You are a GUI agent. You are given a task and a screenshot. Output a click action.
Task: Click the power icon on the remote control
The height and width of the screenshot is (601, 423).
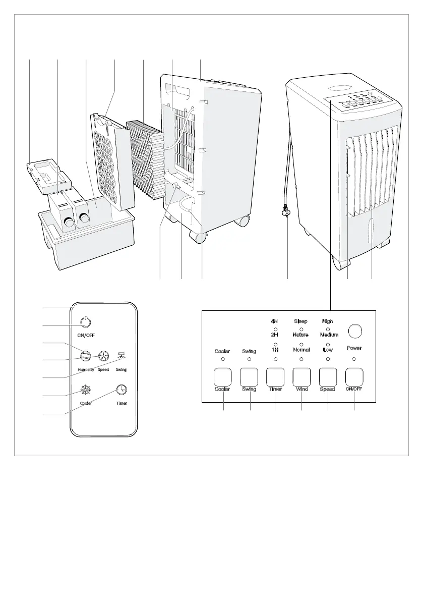86,321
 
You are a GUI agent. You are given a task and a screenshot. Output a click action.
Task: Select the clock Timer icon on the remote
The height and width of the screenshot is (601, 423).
122,390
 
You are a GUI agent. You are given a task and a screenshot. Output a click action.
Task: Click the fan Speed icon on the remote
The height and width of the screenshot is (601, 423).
103,356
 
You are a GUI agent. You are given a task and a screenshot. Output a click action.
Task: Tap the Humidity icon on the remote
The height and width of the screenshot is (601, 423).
86,356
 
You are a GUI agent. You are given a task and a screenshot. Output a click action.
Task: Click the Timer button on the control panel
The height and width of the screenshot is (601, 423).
275,376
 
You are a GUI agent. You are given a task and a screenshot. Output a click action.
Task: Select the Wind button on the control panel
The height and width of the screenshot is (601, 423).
301,376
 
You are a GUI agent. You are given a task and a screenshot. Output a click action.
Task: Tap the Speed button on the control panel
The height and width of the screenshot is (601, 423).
328,376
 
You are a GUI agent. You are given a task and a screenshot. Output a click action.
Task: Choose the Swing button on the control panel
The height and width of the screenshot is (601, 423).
249,376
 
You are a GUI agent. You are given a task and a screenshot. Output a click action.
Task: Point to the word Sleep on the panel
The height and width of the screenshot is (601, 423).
301,321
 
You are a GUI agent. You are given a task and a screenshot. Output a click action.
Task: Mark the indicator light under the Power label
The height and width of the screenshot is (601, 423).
354,359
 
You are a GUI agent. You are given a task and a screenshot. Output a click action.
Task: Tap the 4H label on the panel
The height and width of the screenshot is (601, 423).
275,321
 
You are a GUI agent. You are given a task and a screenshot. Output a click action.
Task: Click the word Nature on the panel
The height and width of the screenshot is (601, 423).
301,335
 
